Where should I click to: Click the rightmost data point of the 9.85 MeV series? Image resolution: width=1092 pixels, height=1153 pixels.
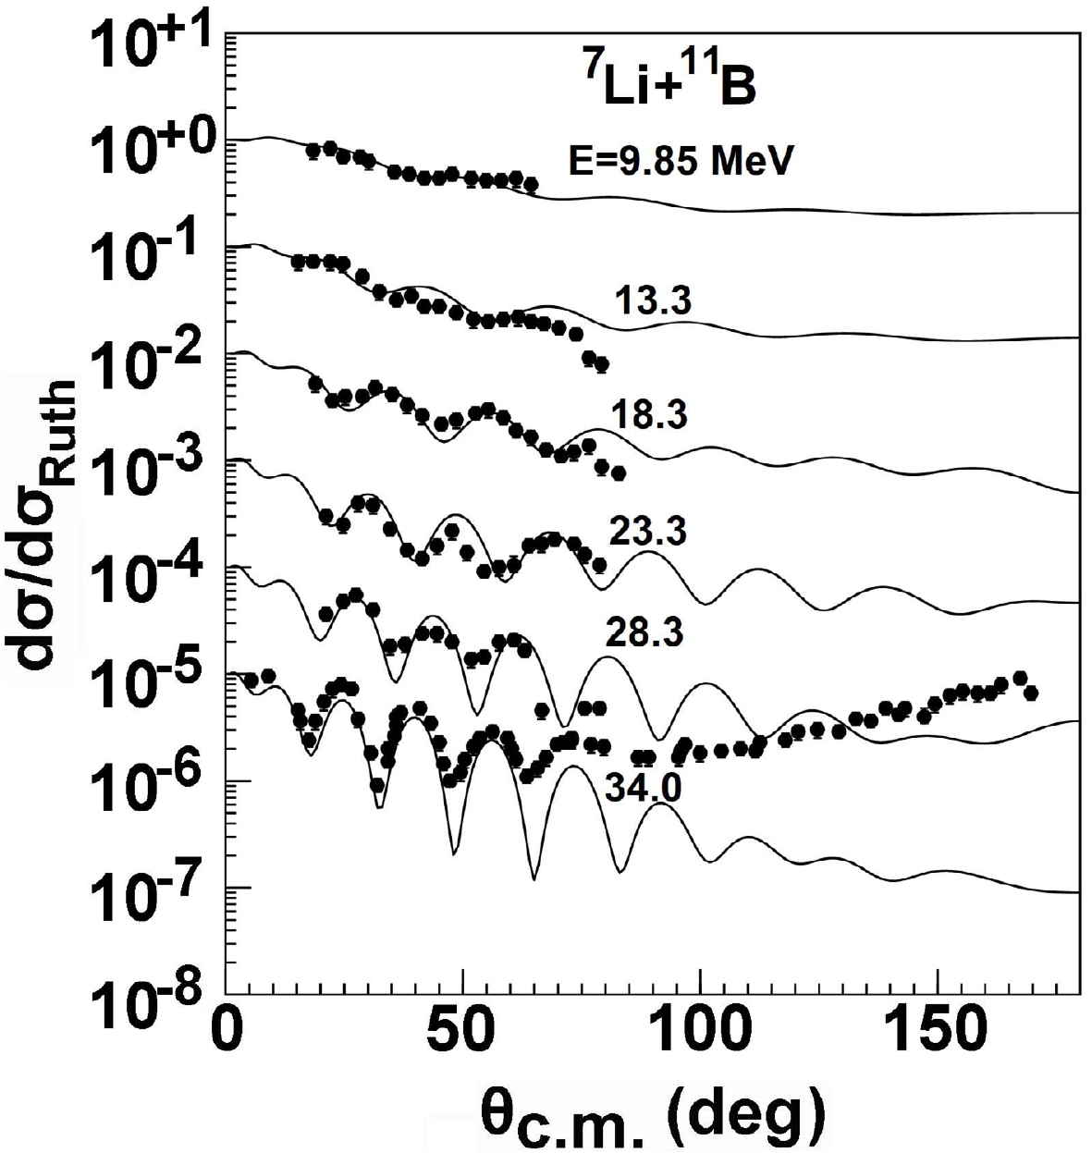point(531,185)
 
